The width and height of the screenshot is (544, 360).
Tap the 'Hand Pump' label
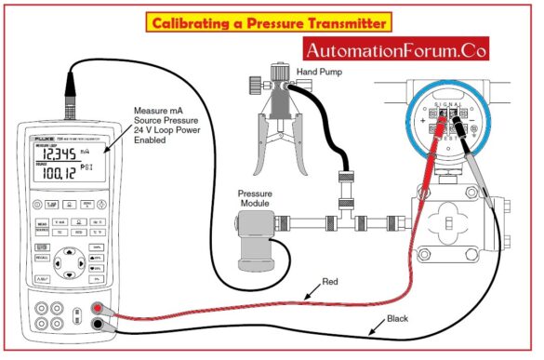pos(318,71)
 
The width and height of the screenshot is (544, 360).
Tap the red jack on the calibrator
pos(96,309)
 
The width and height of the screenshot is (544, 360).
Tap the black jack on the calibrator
pos(96,325)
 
